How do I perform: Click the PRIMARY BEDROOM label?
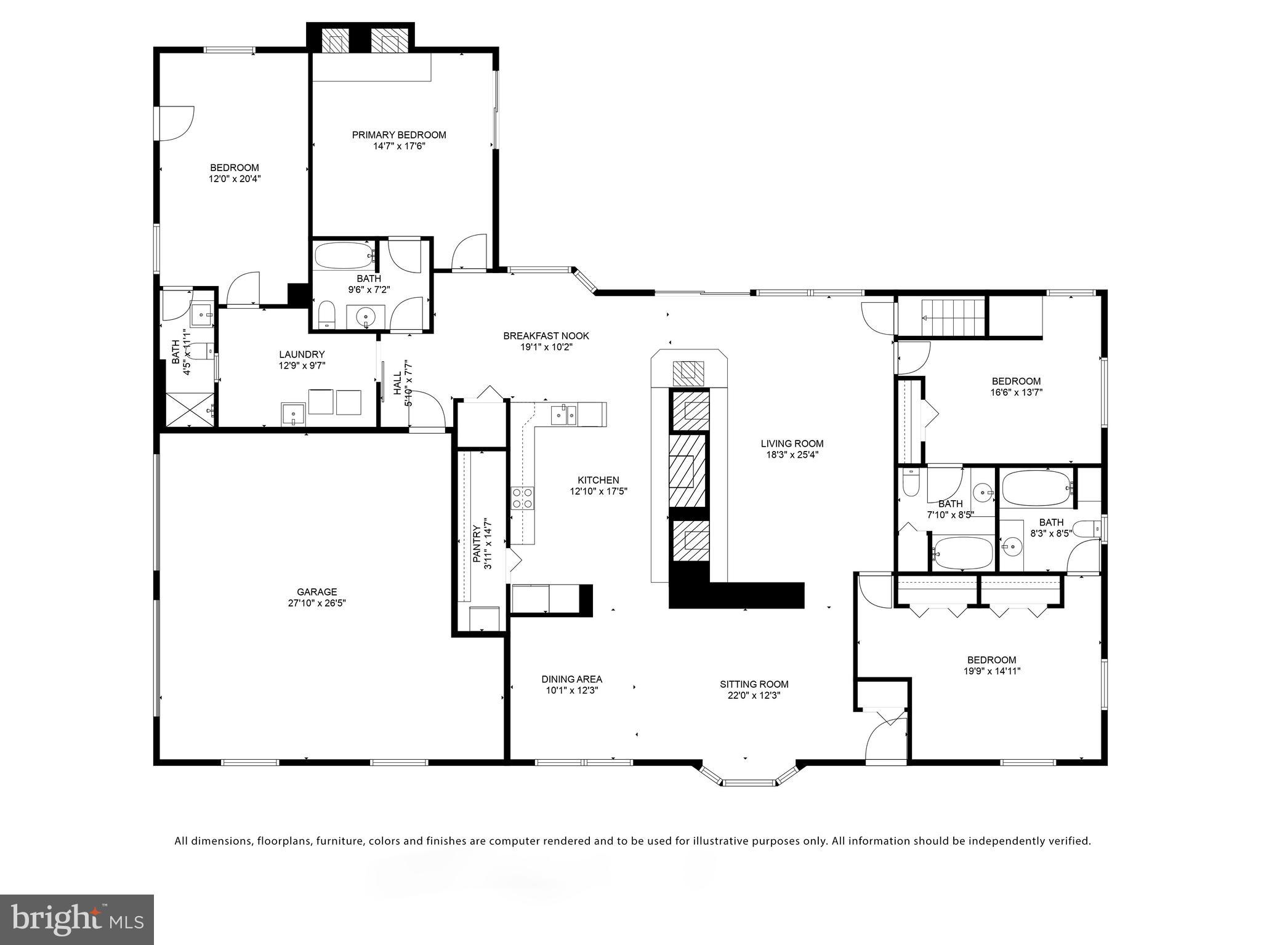point(398,135)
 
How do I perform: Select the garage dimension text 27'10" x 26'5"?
point(316,604)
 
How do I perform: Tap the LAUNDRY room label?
point(301,354)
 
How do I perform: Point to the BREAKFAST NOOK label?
point(546,336)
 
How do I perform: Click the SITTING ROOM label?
point(754,684)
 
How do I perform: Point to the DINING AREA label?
point(571,679)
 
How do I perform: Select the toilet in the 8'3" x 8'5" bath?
point(1090,528)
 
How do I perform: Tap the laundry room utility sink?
point(294,413)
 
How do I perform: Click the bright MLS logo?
point(76,919)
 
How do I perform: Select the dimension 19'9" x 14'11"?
point(991,671)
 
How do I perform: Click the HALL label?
point(397,382)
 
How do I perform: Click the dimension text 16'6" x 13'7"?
point(1016,393)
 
